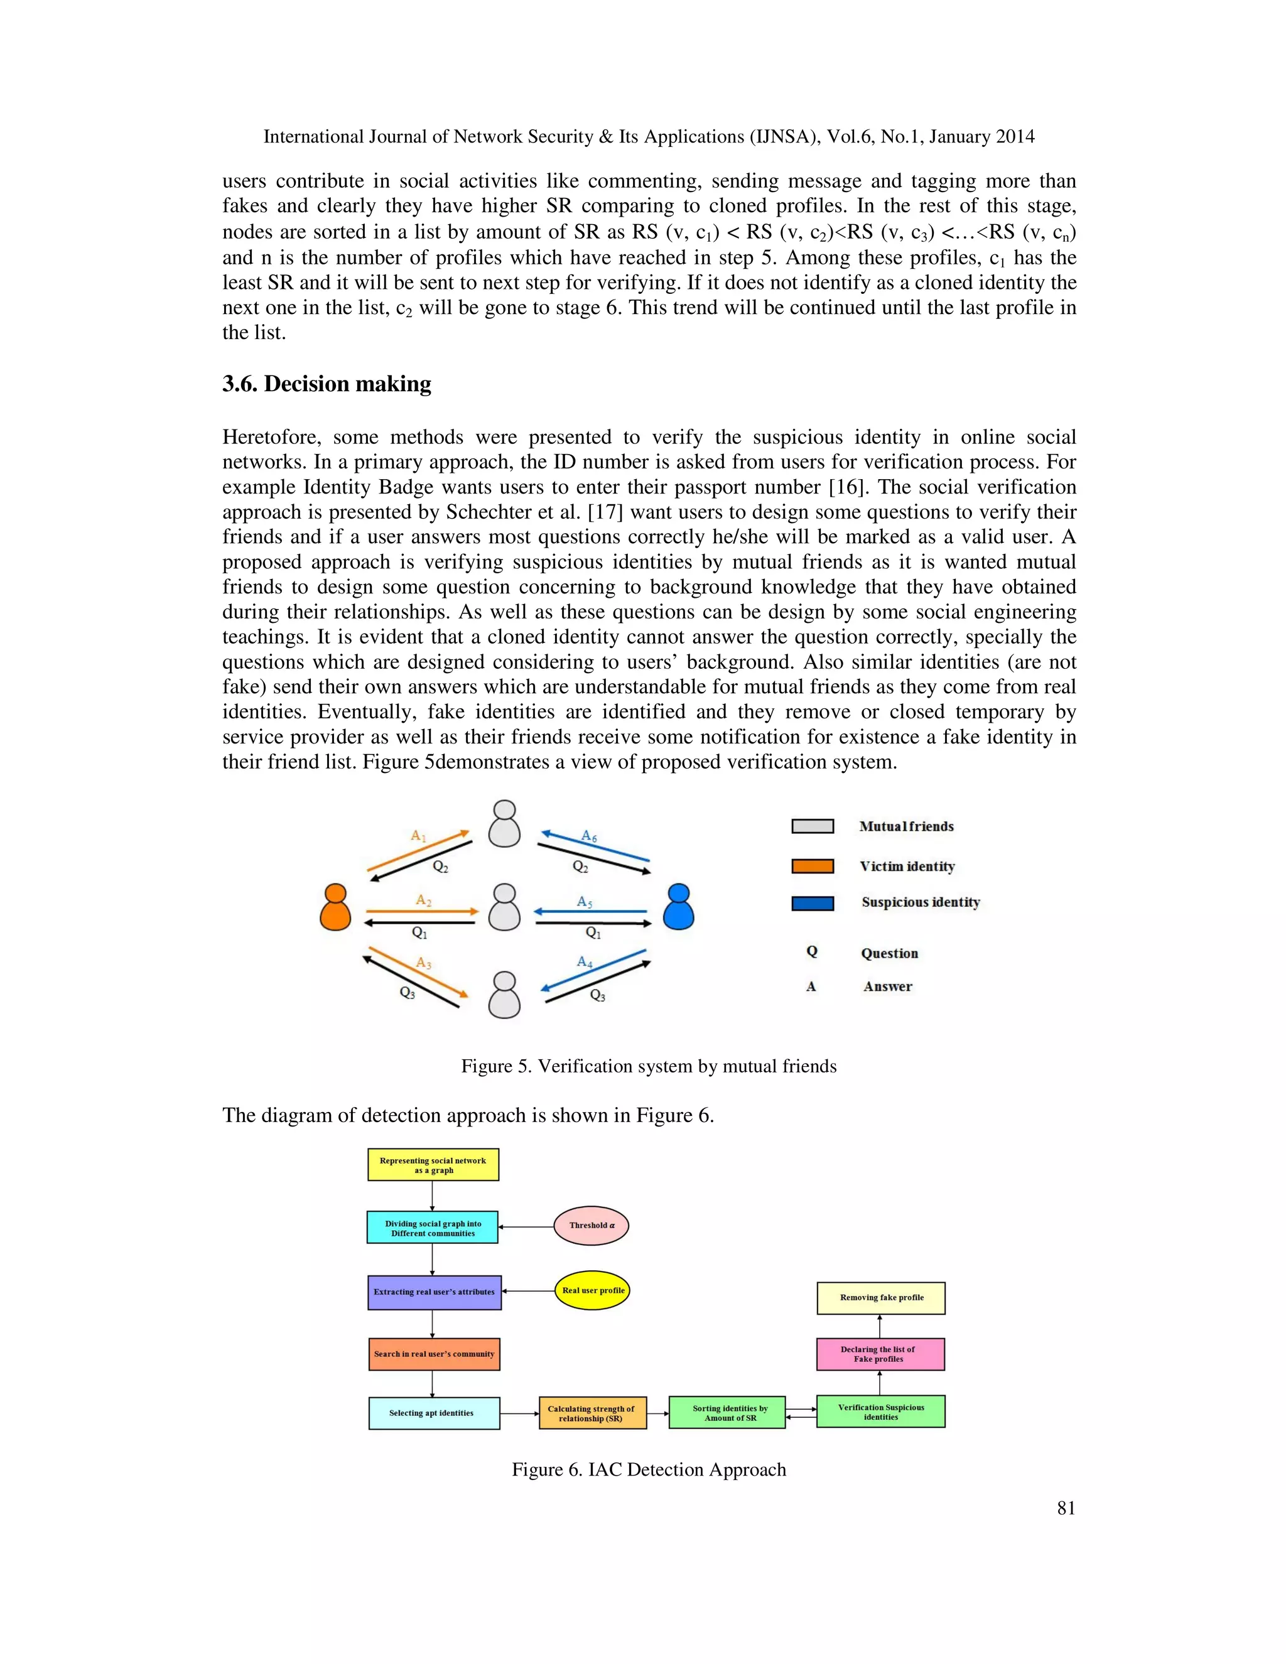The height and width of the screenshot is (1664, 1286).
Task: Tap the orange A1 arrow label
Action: pos(418,836)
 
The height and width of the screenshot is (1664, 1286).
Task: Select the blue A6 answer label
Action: pos(589,836)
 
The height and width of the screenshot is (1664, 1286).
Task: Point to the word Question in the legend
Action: pos(889,953)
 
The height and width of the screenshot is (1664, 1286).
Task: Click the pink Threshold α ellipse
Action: pos(591,1225)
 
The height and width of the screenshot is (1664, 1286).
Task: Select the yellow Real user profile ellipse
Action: pos(592,1290)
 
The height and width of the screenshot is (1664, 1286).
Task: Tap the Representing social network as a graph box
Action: pos(433,1165)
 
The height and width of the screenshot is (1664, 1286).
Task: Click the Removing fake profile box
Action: pos(881,1297)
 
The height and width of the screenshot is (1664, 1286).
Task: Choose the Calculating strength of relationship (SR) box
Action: pos(591,1413)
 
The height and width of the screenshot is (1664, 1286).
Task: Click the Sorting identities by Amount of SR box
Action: pos(727,1413)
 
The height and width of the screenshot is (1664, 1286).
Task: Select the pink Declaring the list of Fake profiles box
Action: pos(880,1354)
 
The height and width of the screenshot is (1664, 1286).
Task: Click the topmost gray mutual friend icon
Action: pos(504,824)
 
